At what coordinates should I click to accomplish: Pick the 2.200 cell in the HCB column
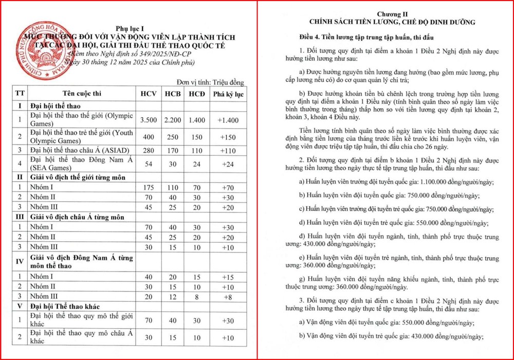[x=174, y=119]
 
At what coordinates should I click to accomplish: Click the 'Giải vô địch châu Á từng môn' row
[x=77, y=217]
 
